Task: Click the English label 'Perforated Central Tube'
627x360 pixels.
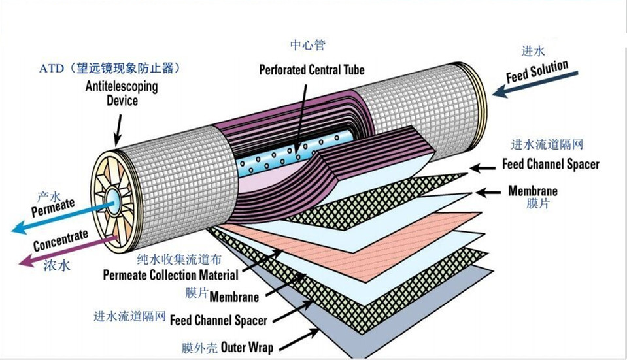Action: coord(311,69)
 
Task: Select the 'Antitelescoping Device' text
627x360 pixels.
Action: coord(121,93)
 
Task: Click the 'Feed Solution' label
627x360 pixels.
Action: coord(537,73)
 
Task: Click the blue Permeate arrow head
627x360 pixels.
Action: coord(16,229)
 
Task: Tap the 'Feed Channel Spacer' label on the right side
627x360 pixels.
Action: coord(551,165)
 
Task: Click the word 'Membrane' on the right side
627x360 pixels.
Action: coord(533,191)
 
